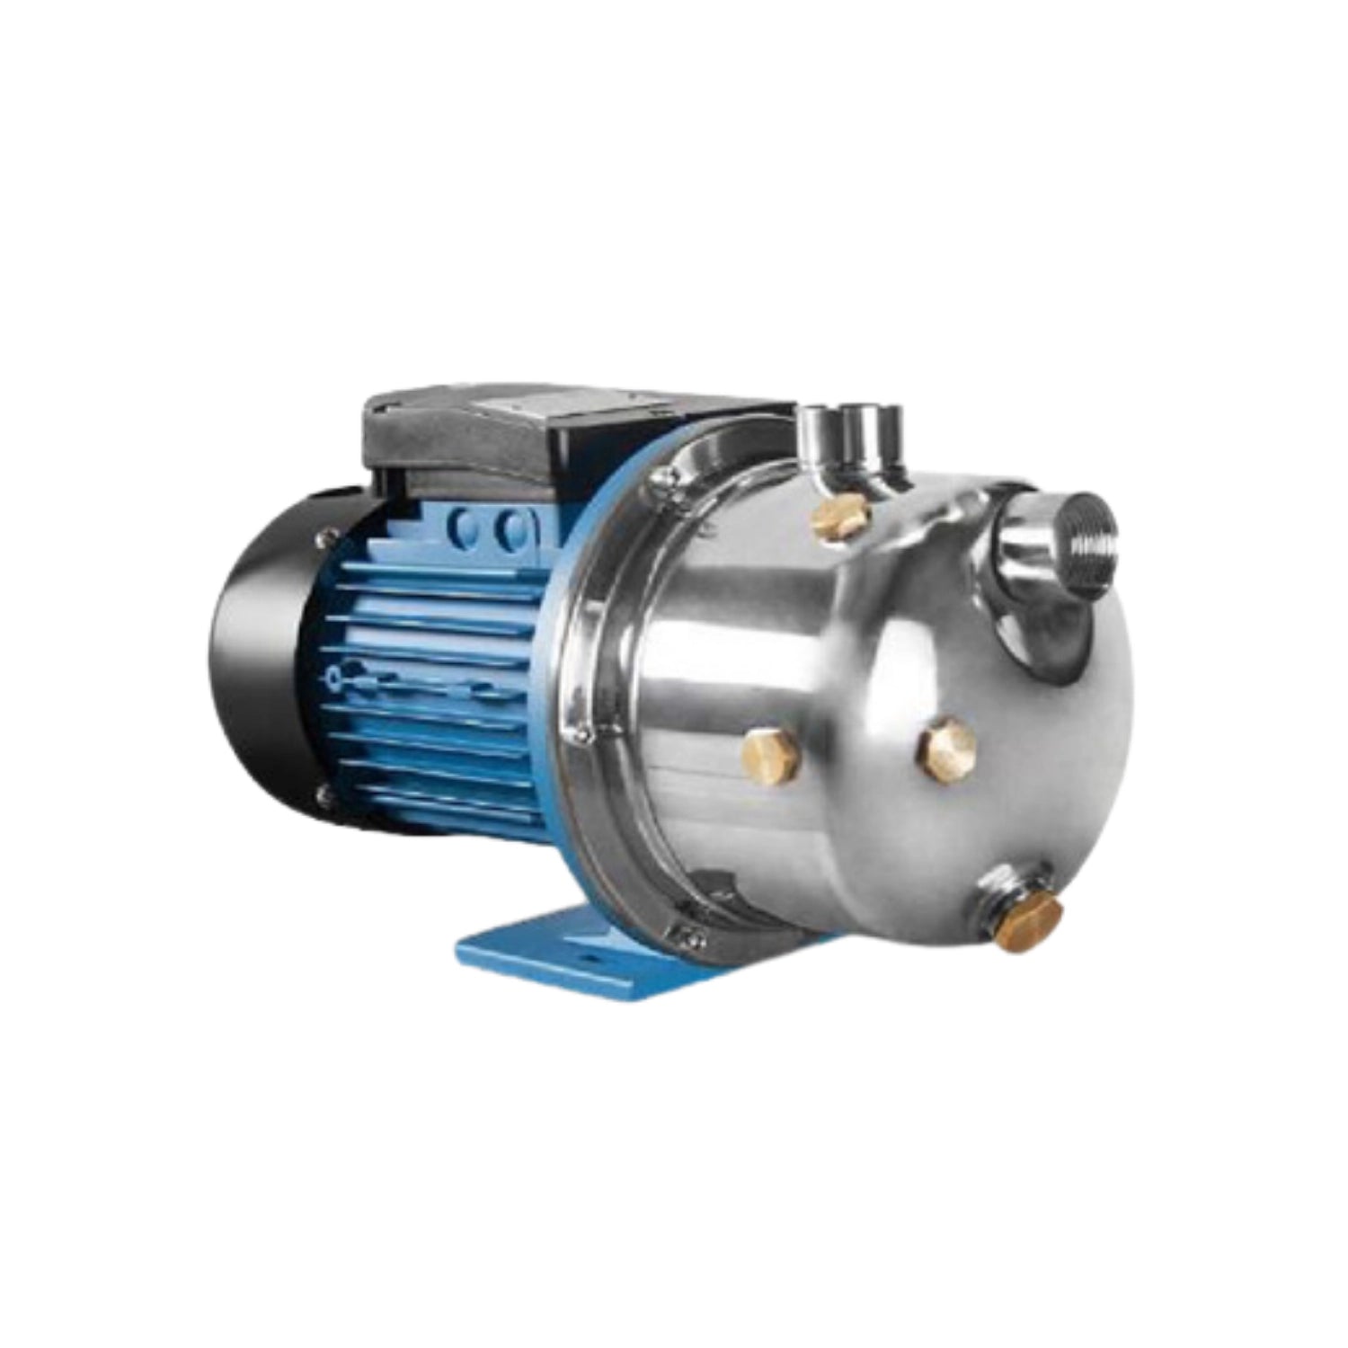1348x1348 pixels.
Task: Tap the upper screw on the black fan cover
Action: [321, 539]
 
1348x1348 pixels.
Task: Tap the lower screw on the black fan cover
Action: [321, 793]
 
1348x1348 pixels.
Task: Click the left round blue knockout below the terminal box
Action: [467, 527]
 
